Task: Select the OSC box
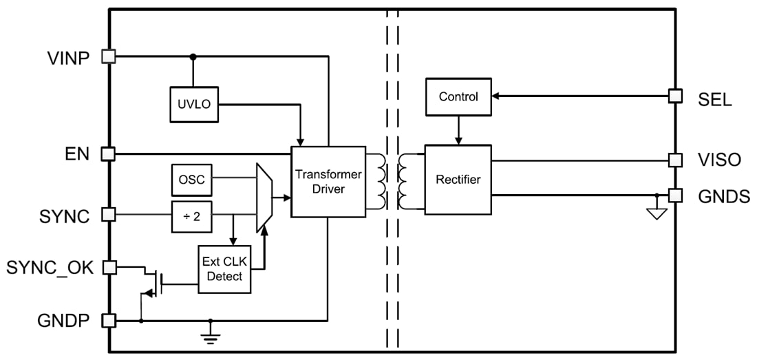click(x=192, y=180)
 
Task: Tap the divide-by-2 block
click(x=192, y=216)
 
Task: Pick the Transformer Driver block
click(x=328, y=182)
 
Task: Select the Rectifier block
click(x=458, y=180)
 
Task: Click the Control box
click(x=458, y=96)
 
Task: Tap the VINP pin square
click(x=108, y=57)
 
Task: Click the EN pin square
click(x=108, y=153)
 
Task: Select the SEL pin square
click(x=676, y=96)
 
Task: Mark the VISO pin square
click(x=676, y=160)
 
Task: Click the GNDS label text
click(x=723, y=196)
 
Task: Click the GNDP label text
click(x=63, y=321)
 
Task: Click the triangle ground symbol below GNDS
click(x=657, y=214)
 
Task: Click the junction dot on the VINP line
click(x=193, y=57)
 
